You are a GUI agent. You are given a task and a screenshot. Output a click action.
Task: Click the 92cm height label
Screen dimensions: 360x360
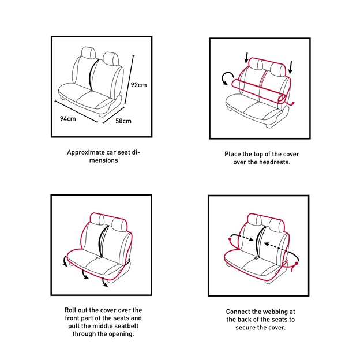point(138,85)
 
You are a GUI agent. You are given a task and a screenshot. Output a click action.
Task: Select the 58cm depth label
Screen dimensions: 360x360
point(123,121)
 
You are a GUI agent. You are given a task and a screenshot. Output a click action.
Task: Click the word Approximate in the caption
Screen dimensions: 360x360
point(86,152)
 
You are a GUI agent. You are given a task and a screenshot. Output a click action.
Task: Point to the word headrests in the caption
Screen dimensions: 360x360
point(275,162)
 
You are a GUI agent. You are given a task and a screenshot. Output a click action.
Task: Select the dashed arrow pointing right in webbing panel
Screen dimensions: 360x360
point(242,238)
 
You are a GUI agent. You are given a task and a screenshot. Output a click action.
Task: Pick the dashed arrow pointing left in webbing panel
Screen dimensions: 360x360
point(277,246)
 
